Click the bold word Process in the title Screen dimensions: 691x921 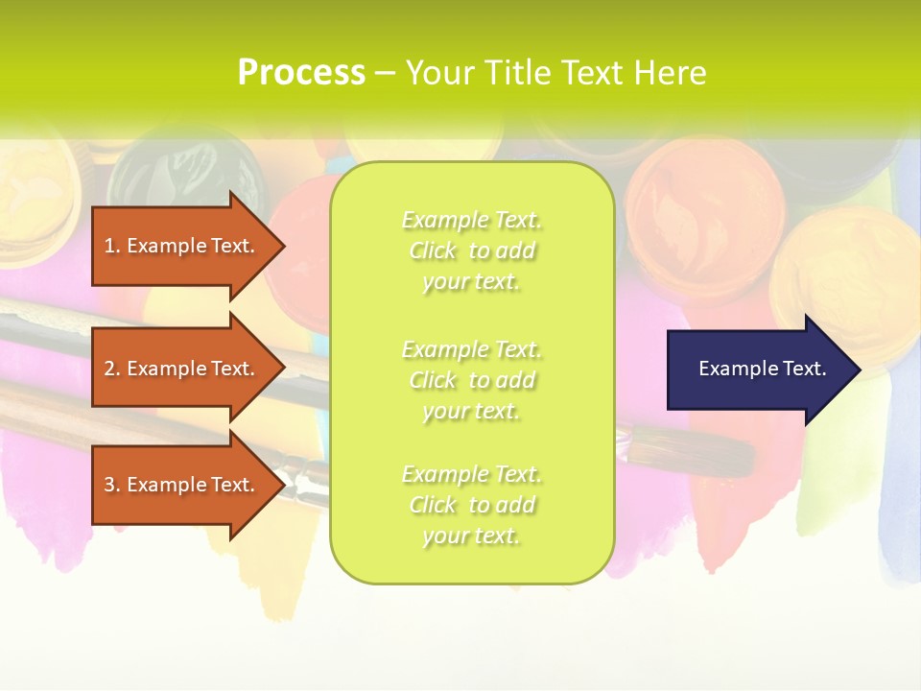[x=301, y=73]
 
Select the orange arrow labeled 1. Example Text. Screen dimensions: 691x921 [x=182, y=246]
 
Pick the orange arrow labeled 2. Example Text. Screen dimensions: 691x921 [x=182, y=369]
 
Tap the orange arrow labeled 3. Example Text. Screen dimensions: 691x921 [x=182, y=485]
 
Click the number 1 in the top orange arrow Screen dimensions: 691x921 [x=109, y=246]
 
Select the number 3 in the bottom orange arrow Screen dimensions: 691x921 [x=109, y=485]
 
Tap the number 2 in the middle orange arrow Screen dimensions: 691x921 [x=109, y=369]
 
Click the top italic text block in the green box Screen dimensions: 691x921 [x=471, y=250]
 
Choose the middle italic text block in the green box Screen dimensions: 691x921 [x=471, y=380]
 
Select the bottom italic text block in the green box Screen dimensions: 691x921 [x=471, y=505]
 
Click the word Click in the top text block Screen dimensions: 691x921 [x=433, y=250]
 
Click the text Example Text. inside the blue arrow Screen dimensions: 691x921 [x=762, y=369]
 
